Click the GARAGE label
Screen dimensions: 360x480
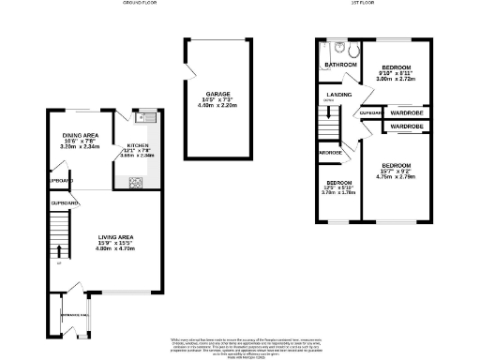tap(219, 94)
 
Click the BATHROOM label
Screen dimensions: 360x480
tap(340, 65)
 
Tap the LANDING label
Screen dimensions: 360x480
tap(338, 95)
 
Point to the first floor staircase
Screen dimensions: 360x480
tap(327, 122)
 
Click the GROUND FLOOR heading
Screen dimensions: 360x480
tap(139, 4)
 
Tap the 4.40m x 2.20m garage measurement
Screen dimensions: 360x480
tap(219, 106)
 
